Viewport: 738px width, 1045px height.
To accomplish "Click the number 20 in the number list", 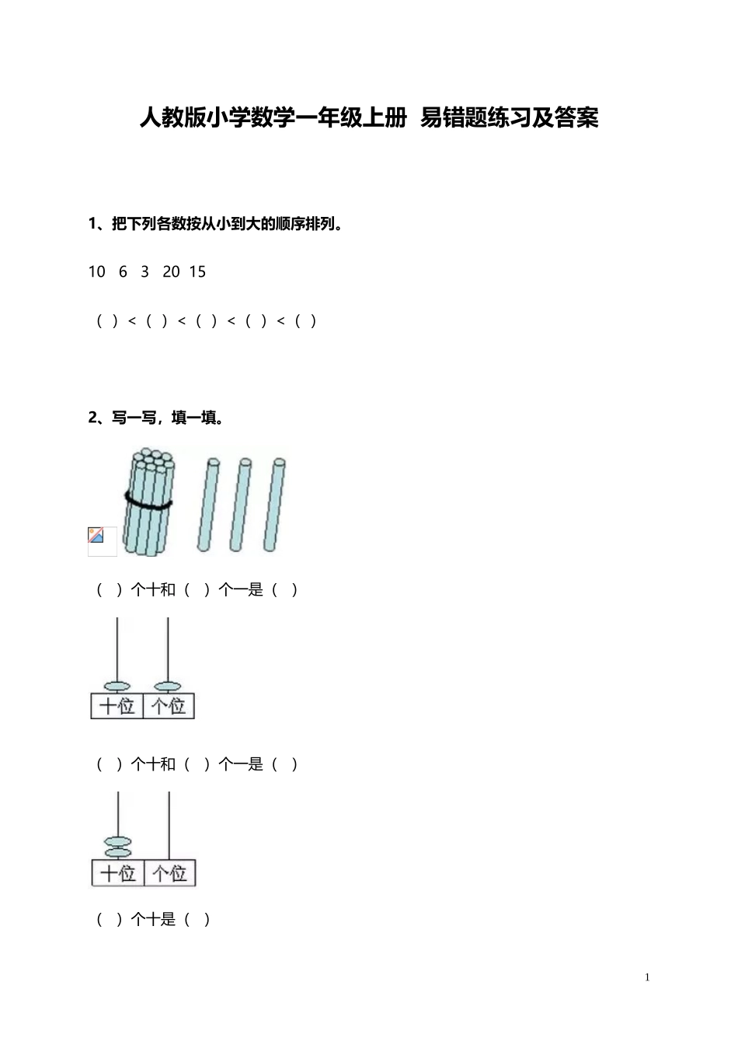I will (171, 271).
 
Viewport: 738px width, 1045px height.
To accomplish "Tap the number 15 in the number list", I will (197, 271).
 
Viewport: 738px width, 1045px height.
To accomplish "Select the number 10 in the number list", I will (96, 271).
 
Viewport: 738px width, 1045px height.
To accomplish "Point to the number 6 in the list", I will (123, 271).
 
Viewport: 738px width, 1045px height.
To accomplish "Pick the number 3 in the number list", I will (144, 271).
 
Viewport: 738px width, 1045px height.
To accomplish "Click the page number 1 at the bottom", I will (647, 977).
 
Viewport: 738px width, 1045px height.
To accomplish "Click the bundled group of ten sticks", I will (149, 502).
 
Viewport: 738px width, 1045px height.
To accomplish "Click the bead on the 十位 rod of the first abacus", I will (117, 687).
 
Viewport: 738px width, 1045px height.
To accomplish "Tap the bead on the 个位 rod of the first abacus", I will (168, 687).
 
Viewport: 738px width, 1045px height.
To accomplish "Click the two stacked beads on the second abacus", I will (118, 847).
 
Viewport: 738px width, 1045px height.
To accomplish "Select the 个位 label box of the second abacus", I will (170, 873).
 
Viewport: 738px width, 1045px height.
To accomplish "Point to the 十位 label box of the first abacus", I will (117, 706).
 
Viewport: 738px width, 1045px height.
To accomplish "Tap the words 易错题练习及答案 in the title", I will (509, 117).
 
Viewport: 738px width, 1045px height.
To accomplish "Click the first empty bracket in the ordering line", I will (107, 320).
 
